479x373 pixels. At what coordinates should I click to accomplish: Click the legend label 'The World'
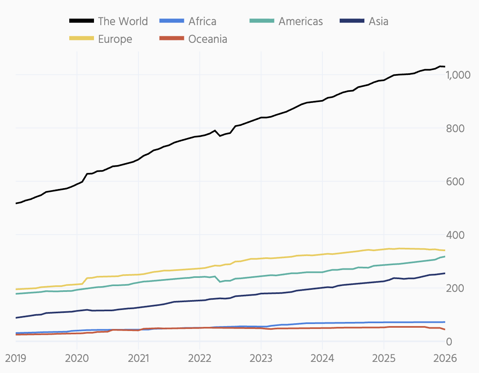click(x=122, y=21)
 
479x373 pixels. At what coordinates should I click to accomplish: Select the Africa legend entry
click(x=202, y=21)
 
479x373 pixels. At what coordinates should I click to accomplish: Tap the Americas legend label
click(x=301, y=21)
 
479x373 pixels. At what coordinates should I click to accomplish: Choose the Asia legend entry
click(x=378, y=21)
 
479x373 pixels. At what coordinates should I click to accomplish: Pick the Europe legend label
click(x=115, y=39)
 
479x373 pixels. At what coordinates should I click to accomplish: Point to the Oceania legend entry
click(x=208, y=39)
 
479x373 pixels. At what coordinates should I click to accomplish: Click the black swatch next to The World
click(x=82, y=21)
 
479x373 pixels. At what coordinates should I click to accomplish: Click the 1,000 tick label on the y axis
click(x=458, y=75)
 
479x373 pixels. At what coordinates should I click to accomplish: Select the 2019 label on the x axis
click(x=16, y=358)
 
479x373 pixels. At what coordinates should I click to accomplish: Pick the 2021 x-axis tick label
click(x=138, y=358)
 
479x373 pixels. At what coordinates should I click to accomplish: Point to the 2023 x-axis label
click(x=261, y=358)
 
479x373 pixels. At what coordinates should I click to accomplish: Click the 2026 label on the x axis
click(x=445, y=358)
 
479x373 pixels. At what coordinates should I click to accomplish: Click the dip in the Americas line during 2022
click(x=220, y=282)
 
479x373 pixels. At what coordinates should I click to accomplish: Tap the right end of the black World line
click(x=444, y=66)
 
